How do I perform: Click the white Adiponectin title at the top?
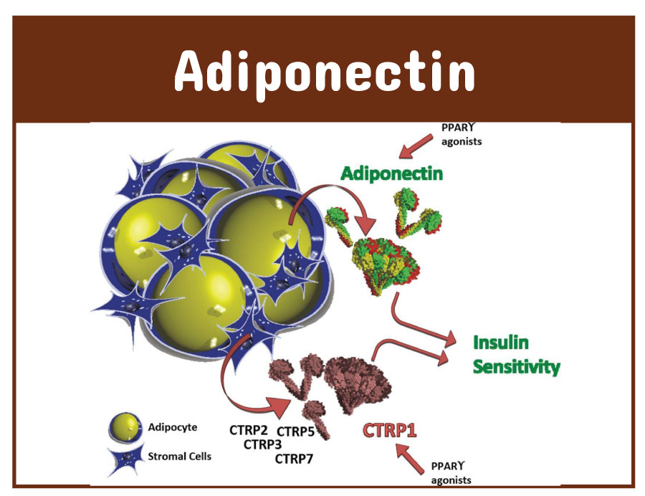[x=324, y=72]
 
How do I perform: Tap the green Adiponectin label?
[x=391, y=173]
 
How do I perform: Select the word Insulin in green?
[x=502, y=342]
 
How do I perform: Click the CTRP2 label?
[x=249, y=430]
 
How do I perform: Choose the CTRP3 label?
[x=262, y=444]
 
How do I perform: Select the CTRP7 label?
[x=294, y=458]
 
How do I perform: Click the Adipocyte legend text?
[x=172, y=428]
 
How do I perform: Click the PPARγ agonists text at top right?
[x=462, y=135]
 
